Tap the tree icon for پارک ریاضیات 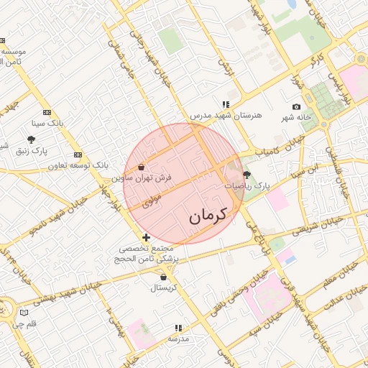pos(247,175)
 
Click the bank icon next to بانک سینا pos(47,112)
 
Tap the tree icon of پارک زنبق pos(30,139)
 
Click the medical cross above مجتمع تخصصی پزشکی pos(147,237)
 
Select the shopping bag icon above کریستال pos(165,277)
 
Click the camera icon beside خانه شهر pos(297,106)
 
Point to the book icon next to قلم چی pos(25,313)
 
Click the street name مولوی pos(153,199)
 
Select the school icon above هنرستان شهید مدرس pos(226,104)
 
